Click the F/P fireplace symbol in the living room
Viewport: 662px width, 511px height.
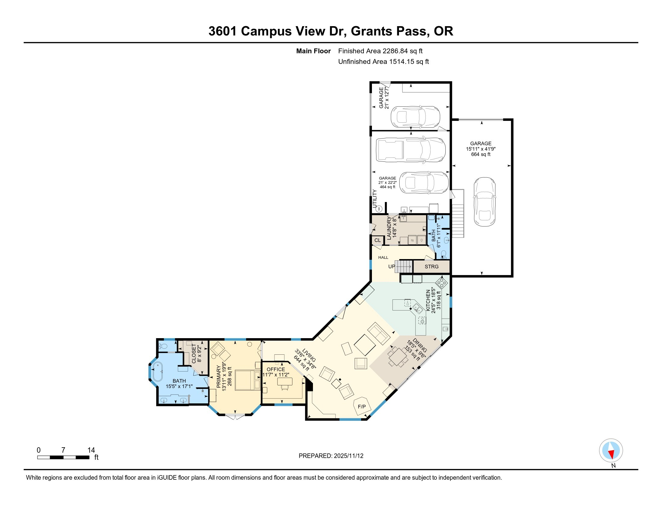pos(362,407)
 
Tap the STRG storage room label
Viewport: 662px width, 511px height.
pos(431,267)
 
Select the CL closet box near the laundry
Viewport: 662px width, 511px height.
pos(377,240)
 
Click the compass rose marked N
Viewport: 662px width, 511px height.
pos(611,451)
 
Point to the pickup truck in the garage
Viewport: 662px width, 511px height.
pos(411,150)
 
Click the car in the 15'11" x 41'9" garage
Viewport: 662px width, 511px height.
pos(484,202)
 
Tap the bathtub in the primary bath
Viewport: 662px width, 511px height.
pos(158,372)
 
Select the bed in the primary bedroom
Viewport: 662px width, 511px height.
pos(248,380)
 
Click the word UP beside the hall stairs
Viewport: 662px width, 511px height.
pos(391,267)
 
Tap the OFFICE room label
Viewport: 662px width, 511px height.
pos(276,369)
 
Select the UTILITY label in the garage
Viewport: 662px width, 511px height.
pos(375,198)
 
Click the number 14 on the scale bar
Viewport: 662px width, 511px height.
pos(91,450)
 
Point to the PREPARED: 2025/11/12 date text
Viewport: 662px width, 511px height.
pos(331,456)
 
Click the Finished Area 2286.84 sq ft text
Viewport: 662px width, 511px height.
pos(380,51)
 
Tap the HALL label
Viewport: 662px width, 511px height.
pos(383,258)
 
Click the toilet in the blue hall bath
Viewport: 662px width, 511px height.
pos(444,254)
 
